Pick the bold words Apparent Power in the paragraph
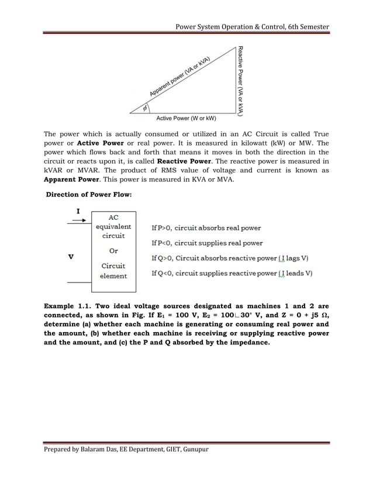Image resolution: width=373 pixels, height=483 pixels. (x=65, y=180)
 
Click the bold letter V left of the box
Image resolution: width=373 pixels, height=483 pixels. (x=70, y=256)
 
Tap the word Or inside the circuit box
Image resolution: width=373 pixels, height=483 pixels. (x=113, y=251)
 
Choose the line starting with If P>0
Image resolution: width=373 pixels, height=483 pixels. (x=206, y=228)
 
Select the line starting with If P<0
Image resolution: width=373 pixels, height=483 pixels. (x=207, y=243)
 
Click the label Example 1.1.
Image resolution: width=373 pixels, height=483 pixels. (x=67, y=306)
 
